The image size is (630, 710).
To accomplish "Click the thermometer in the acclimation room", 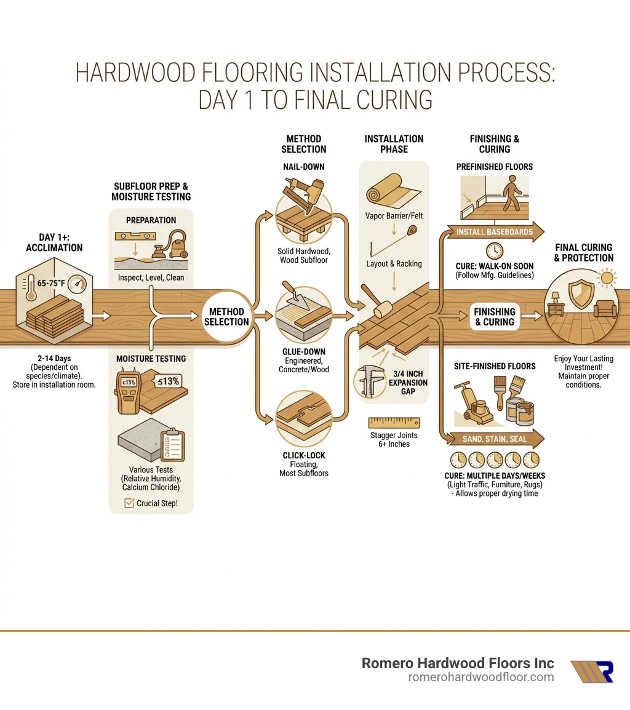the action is click(x=31, y=288).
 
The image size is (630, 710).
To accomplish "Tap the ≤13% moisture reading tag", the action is click(x=167, y=381).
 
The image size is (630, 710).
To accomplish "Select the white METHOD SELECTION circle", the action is click(x=226, y=316).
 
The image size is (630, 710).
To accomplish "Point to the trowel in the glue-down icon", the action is click(x=295, y=295).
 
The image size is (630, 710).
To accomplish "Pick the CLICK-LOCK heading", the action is click(x=304, y=455).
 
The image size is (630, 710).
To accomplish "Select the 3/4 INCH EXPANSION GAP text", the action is click(x=408, y=383).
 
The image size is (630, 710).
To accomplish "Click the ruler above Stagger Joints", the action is click(x=394, y=423).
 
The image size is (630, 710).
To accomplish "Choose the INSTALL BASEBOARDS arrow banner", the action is click(x=495, y=232).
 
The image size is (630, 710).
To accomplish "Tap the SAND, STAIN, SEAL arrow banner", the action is click(x=495, y=439).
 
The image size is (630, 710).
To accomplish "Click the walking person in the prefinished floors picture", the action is click(x=512, y=193).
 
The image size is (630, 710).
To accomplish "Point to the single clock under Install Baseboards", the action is click(x=495, y=250).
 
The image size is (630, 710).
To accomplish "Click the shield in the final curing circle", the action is click(x=581, y=294).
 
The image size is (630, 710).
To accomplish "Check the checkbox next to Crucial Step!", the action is click(x=129, y=503).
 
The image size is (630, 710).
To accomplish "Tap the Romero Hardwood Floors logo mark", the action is click(x=592, y=671).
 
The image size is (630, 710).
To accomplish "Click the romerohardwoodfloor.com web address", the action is click(x=481, y=677).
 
